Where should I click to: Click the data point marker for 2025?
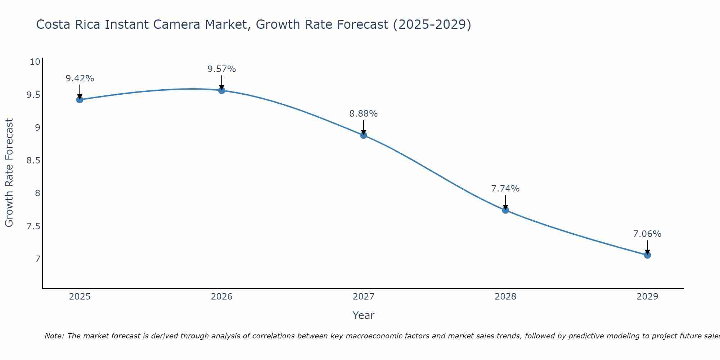click(x=80, y=100)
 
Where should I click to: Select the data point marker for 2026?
click(x=222, y=90)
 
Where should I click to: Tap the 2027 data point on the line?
click(x=364, y=135)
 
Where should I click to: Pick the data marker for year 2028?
click(x=505, y=210)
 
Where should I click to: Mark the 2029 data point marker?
click(x=647, y=255)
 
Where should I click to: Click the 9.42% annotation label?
click(x=80, y=78)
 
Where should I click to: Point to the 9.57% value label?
click(x=222, y=69)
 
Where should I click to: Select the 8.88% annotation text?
click(x=364, y=114)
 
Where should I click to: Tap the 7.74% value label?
click(x=505, y=189)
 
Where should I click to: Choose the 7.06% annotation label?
click(x=647, y=234)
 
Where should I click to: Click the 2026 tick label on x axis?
click(x=222, y=297)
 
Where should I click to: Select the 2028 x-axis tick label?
click(x=505, y=297)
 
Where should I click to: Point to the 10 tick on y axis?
click(x=35, y=62)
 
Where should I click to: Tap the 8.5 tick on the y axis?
click(x=33, y=161)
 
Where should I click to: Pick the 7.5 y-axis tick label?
click(x=33, y=226)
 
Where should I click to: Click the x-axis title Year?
click(x=364, y=315)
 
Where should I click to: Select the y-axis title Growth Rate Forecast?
click(x=9, y=173)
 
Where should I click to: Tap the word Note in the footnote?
click(x=54, y=336)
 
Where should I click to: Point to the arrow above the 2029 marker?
click(x=647, y=247)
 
